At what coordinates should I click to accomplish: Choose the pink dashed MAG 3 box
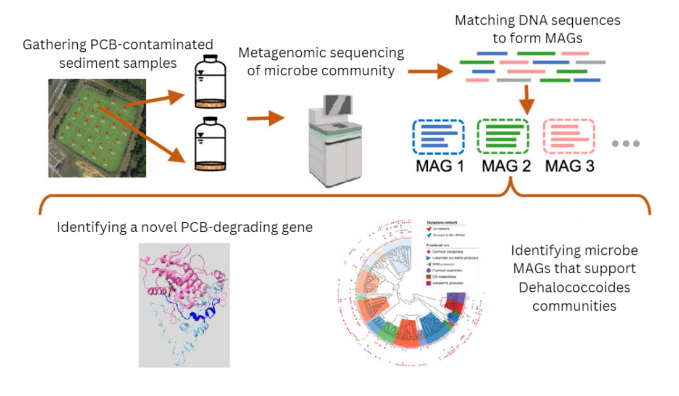569,136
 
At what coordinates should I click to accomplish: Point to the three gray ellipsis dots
626,144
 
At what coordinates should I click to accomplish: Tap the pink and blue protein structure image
184,305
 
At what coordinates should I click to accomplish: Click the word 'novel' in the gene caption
165,228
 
